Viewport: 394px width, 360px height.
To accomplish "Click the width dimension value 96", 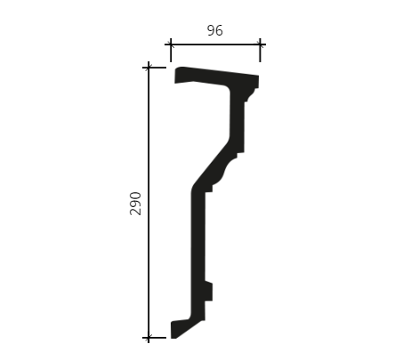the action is (x=214, y=30).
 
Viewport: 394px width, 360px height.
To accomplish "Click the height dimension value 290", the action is (x=136, y=204).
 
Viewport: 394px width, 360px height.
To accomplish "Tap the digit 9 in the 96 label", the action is (x=211, y=30).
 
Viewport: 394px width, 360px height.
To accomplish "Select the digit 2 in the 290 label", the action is (x=136, y=212).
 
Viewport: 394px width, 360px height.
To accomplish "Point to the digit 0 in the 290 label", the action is (x=136, y=196).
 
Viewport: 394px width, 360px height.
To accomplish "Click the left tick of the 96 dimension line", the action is (x=171, y=50).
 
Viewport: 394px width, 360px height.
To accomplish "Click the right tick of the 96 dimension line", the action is (x=260, y=50).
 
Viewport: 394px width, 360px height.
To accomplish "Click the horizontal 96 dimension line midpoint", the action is (x=215, y=44).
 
